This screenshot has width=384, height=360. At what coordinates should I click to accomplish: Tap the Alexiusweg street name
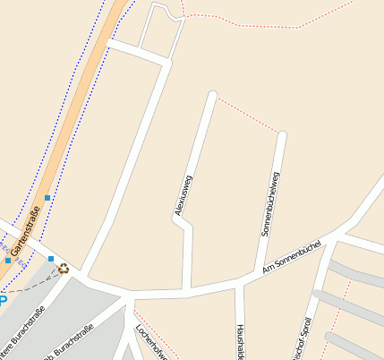(183, 195)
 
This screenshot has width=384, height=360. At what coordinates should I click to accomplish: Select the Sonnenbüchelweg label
(270, 203)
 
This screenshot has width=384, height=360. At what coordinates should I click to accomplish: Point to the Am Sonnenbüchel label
(291, 256)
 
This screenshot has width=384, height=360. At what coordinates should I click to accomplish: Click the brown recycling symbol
(64, 267)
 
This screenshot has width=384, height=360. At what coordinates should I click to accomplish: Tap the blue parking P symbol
(3, 300)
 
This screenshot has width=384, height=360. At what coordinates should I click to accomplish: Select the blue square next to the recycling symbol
(51, 259)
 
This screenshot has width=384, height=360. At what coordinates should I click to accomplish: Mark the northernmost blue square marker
(47, 197)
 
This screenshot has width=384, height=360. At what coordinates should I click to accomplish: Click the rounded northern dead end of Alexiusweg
(213, 94)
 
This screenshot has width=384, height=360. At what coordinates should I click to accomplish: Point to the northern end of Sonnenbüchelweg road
(283, 135)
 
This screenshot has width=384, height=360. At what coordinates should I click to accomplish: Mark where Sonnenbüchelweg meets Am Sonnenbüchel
(260, 269)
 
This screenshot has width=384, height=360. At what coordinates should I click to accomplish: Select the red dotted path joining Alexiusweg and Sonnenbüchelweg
(248, 113)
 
